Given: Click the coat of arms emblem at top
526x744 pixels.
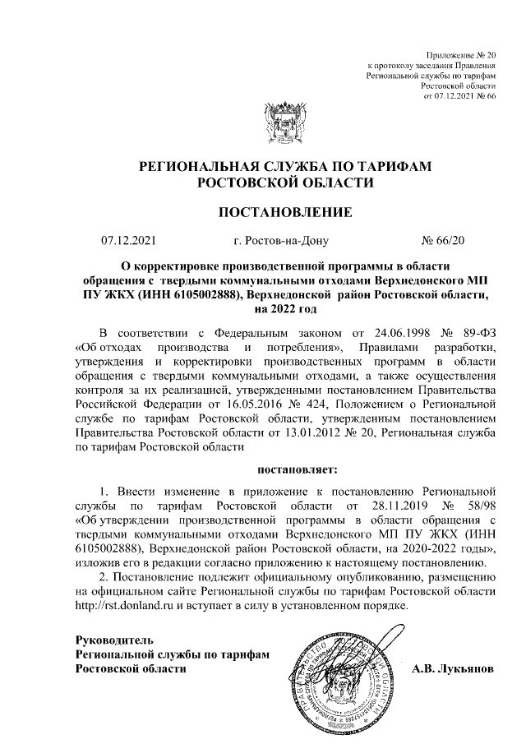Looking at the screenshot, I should pyautogui.click(x=284, y=125).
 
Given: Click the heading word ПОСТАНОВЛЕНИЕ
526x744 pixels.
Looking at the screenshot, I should pyautogui.click(x=284, y=213).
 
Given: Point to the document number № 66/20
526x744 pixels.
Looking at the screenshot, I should pyautogui.click(x=443, y=241).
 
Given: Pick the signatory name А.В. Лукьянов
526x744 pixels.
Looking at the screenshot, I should pyautogui.click(x=453, y=669).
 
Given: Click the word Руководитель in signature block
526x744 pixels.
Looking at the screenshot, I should pyautogui.click(x=113, y=640).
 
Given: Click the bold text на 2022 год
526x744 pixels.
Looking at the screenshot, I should pyautogui.click(x=284, y=309).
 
